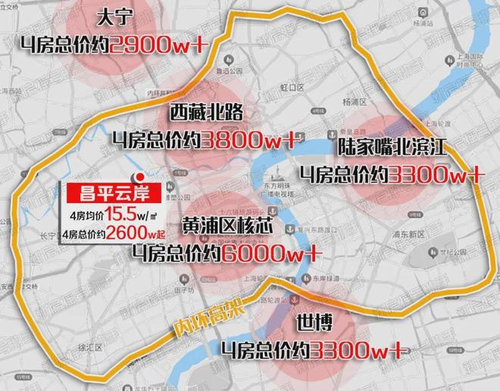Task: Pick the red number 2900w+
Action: coord(155,42)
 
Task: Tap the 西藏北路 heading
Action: coord(205,114)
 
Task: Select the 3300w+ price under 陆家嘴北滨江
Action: coord(436,174)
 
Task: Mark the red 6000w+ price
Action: coord(271,251)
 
